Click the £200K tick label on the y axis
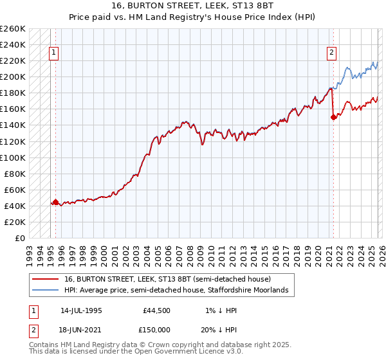13,76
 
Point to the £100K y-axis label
13,157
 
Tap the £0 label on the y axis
21,238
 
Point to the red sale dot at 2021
333,117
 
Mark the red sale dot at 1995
55,202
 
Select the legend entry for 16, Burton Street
167,279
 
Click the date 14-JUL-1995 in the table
81,310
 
